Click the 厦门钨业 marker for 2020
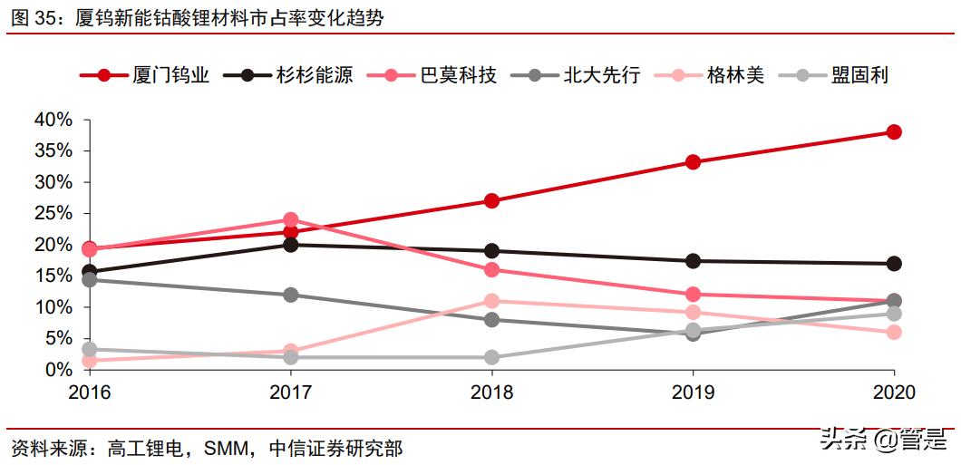pos(894,132)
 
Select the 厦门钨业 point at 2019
pos(693,162)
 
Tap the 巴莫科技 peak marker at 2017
pos(291,220)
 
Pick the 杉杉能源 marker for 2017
pos(291,245)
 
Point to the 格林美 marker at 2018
pos(491,301)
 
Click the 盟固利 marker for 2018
pos(491,357)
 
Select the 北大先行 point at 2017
pos(291,295)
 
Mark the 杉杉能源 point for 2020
pos(894,264)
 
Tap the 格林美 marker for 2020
pos(894,333)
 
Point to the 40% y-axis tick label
pos(53,120)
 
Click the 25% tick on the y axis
pos(53,213)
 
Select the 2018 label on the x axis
pos(491,392)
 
